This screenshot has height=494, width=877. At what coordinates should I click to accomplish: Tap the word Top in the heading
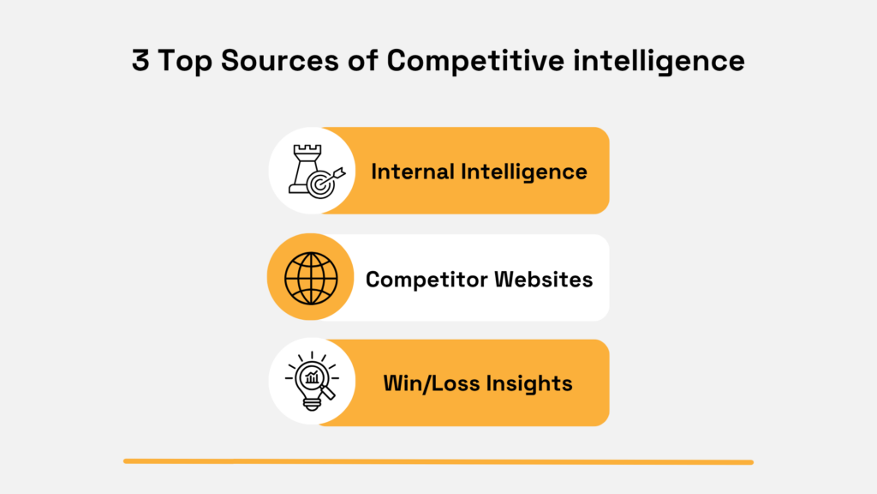pos(182,61)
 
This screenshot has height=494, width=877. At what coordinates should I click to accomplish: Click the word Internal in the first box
pos(413,171)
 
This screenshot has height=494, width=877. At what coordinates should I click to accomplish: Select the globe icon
pos(311,278)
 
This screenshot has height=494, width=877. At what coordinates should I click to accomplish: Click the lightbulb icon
pos(310,380)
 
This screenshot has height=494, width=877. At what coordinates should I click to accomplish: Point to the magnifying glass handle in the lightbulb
pos(326,395)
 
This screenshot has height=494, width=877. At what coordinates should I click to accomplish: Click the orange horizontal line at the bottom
pos(438,461)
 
